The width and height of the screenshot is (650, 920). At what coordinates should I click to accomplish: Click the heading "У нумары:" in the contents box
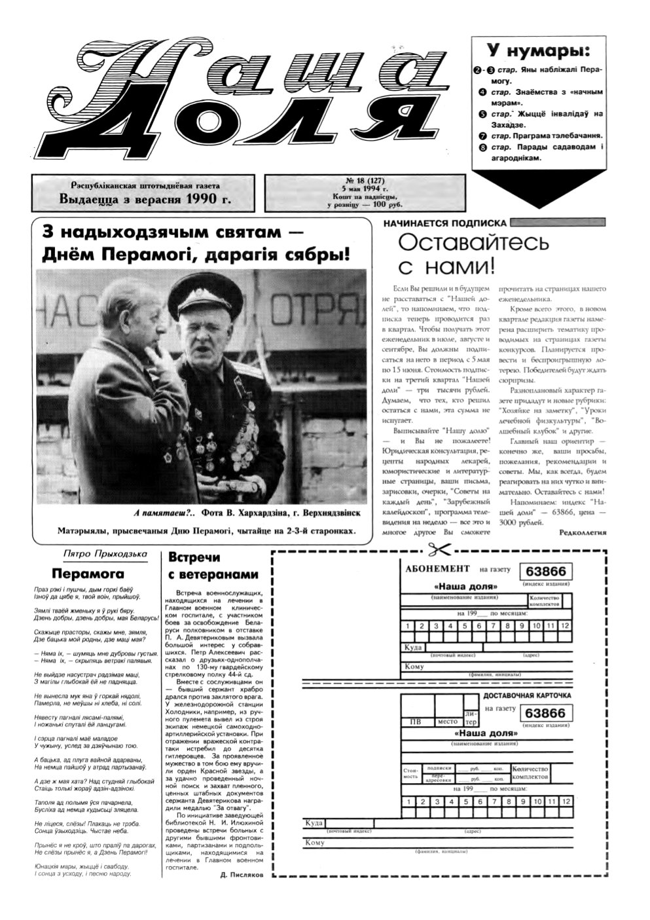(537, 50)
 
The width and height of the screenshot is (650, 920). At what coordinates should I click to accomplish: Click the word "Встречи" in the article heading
(194, 559)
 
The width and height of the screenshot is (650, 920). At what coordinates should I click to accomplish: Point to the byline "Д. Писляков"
(242, 875)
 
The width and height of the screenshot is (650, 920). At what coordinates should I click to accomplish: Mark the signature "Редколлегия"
(583, 532)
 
